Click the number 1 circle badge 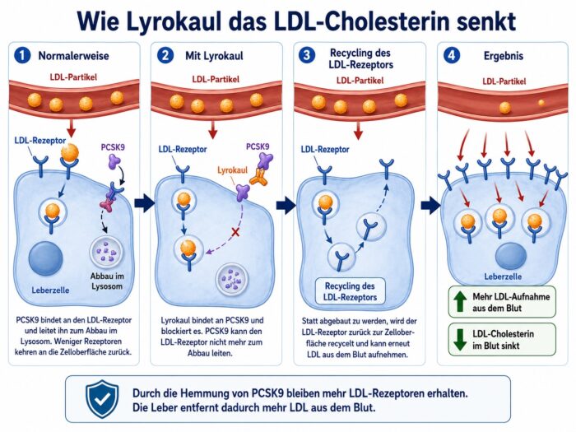[22, 55]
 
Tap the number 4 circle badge [452, 55]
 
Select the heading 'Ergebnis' [504, 56]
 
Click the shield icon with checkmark [102, 399]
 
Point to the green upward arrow [459, 301]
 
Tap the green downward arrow [459, 339]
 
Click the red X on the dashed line [235, 232]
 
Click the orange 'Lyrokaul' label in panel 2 [232, 170]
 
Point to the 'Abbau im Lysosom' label [107, 281]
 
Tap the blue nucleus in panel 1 [45, 258]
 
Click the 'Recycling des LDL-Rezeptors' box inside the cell [350, 291]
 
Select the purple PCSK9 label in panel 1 [113, 147]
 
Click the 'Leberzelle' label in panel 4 [503, 276]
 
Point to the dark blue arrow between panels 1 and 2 [144, 203]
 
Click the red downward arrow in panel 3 [358, 130]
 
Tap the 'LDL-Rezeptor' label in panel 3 [325, 150]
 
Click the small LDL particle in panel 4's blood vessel [541, 103]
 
